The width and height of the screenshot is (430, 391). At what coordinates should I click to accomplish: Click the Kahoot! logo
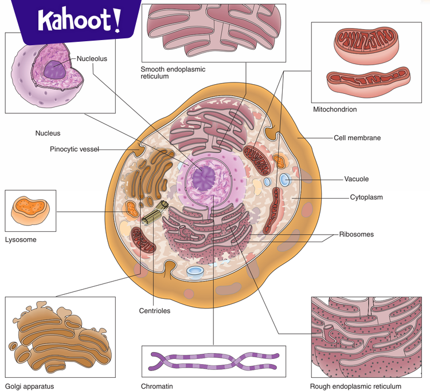tap(79, 21)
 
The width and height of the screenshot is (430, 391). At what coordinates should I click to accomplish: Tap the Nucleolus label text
tap(92, 58)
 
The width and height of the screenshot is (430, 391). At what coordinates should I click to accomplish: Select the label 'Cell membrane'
tap(357, 138)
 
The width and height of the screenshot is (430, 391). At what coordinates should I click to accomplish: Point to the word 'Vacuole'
tap(356, 179)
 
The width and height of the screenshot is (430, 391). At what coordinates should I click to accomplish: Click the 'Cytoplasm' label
tap(366, 198)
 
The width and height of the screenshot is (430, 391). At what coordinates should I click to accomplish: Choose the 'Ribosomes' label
tap(356, 234)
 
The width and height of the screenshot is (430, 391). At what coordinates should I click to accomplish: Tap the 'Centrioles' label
tap(154, 311)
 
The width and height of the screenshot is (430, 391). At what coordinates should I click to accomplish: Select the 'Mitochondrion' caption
tap(334, 109)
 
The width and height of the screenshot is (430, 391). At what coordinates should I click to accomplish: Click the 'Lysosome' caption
tap(20, 240)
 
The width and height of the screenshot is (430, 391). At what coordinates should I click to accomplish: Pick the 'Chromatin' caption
tap(157, 386)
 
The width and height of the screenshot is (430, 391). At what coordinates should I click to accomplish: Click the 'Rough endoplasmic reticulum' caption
tap(355, 386)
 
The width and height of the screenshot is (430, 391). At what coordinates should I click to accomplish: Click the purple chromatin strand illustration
tap(213, 362)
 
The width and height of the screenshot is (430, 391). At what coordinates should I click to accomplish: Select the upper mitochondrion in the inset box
tap(365, 45)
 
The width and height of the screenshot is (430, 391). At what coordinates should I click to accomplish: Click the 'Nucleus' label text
tap(48, 133)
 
